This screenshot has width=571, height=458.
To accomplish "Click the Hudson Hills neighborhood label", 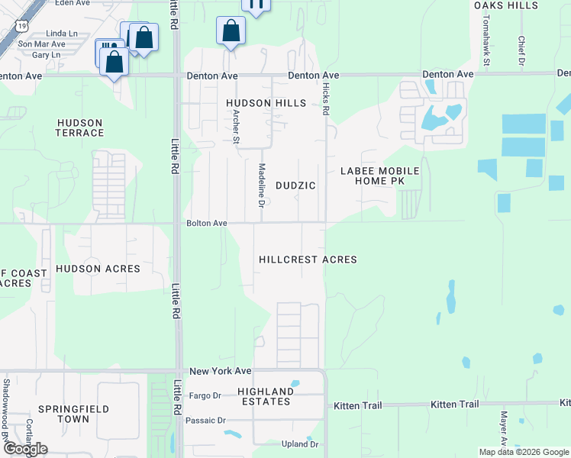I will click(266, 103).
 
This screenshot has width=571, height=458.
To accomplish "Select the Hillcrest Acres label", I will click(308, 260).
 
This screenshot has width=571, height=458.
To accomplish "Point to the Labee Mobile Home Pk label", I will click(377, 176).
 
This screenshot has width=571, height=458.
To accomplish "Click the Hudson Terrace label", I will click(79, 127).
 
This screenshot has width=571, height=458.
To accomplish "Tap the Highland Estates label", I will click(265, 396).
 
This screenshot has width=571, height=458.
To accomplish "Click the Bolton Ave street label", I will click(207, 223).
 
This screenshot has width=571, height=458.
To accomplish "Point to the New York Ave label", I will click(220, 371).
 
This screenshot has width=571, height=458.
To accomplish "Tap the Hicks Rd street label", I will click(326, 100).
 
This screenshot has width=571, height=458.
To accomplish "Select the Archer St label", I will click(236, 126).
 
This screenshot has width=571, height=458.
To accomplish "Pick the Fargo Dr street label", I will click(204, 395).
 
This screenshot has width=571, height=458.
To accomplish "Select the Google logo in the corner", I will click(25, 449).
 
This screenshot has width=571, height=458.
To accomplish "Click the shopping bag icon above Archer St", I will click(231, 31).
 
